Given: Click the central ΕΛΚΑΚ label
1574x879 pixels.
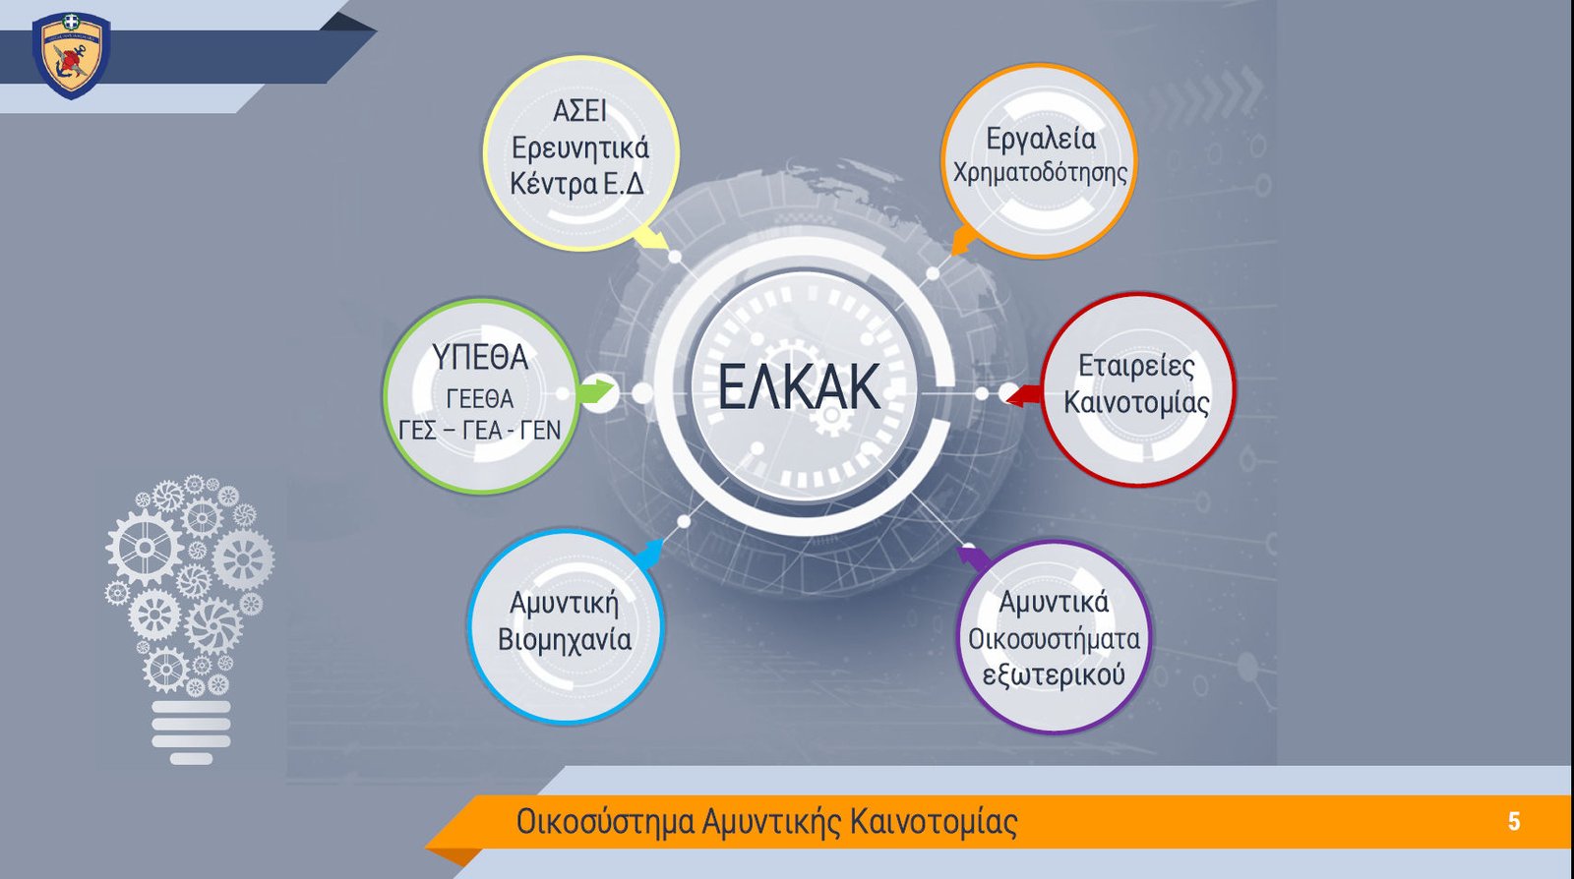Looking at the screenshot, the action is (799, 386).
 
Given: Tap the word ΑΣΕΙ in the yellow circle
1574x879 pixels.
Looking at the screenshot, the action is (579, 111).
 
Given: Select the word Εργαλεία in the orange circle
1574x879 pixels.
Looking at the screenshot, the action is (1041, 139).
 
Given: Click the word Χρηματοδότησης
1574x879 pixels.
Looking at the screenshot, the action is (1040, 173).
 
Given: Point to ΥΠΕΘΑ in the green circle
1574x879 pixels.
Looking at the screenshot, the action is (480, 357).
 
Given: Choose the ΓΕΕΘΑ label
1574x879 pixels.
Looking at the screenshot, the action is (481, 399).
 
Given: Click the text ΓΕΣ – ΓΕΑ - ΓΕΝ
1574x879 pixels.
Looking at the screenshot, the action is (480, 430).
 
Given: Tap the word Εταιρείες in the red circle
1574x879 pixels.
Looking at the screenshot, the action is (1136, 366).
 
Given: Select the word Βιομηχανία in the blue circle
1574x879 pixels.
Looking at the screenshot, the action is (565, 640).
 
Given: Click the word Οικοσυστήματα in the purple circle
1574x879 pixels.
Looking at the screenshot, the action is (1054, 639).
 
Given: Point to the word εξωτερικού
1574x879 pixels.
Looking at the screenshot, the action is (1054, 675).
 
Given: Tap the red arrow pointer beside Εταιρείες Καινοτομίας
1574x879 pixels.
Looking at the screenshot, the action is (1024, 395).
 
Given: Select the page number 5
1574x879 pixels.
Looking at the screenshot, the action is (1514, 821).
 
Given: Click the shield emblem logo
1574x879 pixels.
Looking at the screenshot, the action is (71, 55).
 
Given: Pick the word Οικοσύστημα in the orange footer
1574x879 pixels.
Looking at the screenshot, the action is (605, 822).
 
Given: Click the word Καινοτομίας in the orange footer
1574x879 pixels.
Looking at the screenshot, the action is (934, 821).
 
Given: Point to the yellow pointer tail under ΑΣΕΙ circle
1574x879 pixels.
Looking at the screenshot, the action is (652, 237).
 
